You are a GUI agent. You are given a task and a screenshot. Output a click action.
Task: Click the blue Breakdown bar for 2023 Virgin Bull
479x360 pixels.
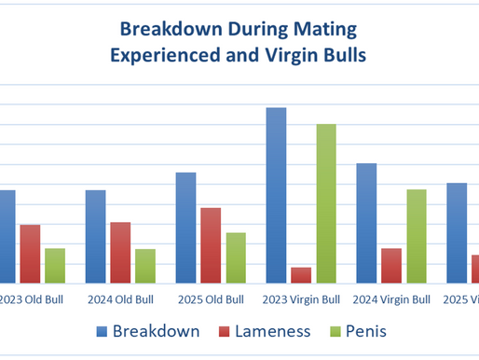[276, 195]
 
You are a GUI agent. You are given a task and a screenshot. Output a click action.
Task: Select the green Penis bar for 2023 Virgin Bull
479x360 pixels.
[326, 203]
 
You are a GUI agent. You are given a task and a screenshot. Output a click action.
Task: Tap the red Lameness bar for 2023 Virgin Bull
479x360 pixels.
[301, 274]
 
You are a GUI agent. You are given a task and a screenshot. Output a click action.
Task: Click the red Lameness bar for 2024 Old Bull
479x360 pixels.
[120, 252]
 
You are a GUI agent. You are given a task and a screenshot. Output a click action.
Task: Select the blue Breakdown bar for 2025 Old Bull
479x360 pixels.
[185, 228]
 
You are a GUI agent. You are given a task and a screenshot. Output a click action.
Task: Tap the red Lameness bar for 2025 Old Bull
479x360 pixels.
[211, 244]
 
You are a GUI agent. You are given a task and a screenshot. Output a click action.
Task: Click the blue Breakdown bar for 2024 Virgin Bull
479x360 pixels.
[366, 223]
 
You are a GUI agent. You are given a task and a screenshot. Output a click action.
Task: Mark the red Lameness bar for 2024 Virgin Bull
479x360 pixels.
[391, 265]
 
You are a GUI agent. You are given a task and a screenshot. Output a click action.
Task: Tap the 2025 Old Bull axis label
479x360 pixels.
[211, 300]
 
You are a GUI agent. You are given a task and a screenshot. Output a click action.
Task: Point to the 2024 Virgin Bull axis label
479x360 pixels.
[391, 300]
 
